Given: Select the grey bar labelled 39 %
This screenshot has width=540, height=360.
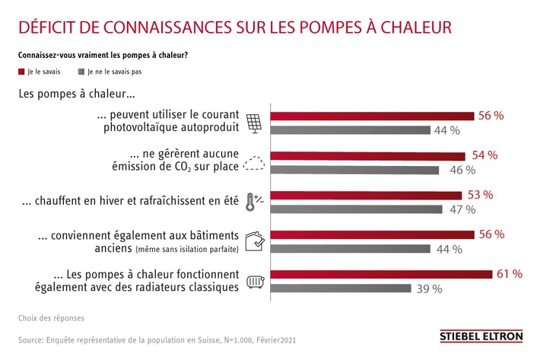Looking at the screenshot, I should pos(341,288).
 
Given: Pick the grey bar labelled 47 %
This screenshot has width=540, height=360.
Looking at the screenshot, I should pos(356,209).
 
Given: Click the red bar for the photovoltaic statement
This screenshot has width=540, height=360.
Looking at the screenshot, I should pos(373,116).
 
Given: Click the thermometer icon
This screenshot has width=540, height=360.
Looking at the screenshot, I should pos(252,202).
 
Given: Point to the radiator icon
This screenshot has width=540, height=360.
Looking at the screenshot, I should pos(253,280).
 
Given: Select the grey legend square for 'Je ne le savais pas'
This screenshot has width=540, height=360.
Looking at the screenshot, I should pos(80,72).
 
